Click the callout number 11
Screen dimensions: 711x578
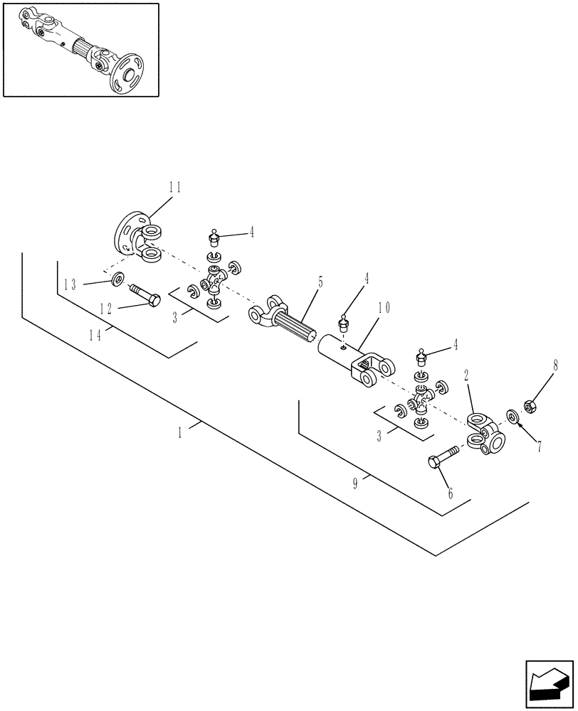174,188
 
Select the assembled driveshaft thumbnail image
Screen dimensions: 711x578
80,49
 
